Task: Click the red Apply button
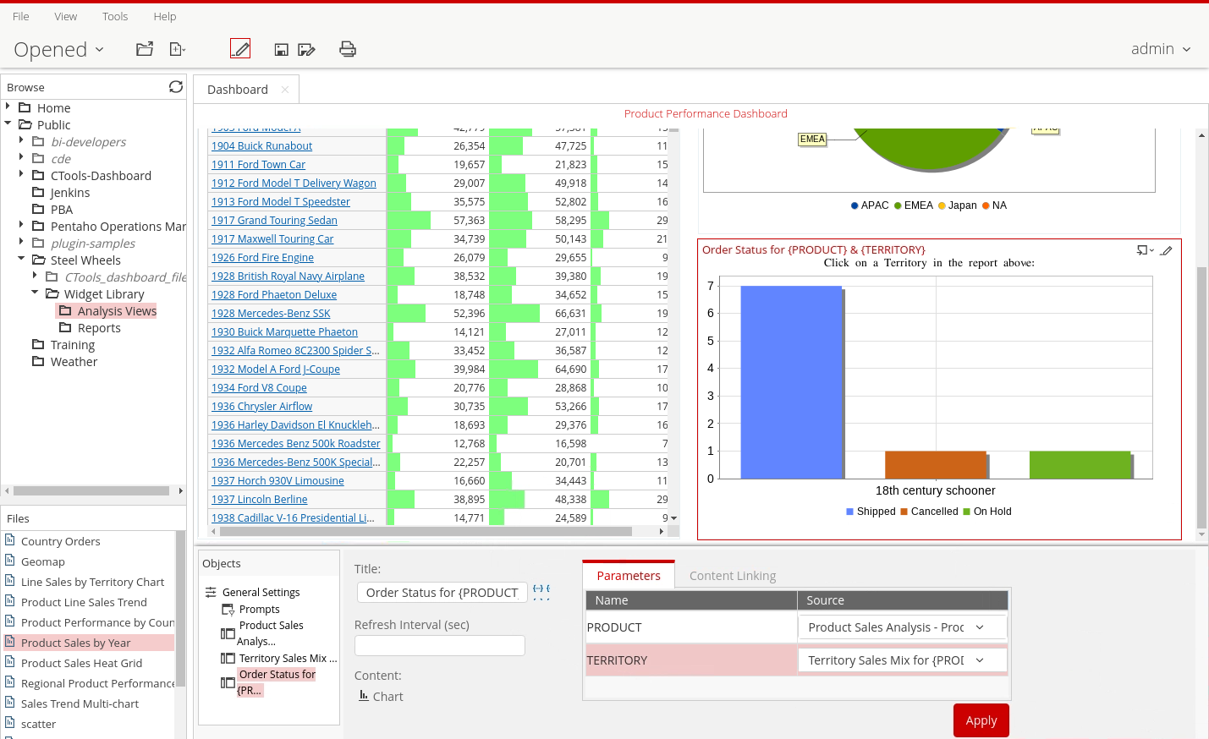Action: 981,720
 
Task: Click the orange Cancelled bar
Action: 935,465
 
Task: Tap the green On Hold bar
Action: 1080,465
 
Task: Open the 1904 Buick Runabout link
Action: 261,146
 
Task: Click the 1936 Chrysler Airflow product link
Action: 261,407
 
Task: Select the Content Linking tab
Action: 732,576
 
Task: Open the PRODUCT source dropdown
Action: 902,627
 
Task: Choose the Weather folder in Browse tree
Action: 74,362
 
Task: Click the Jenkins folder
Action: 69,193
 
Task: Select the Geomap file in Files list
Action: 42,561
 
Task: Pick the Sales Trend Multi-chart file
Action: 80,703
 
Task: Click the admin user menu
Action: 1160,49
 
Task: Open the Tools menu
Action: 115,16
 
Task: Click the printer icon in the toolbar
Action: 348,49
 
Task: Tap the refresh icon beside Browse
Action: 176,87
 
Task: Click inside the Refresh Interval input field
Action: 439,645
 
